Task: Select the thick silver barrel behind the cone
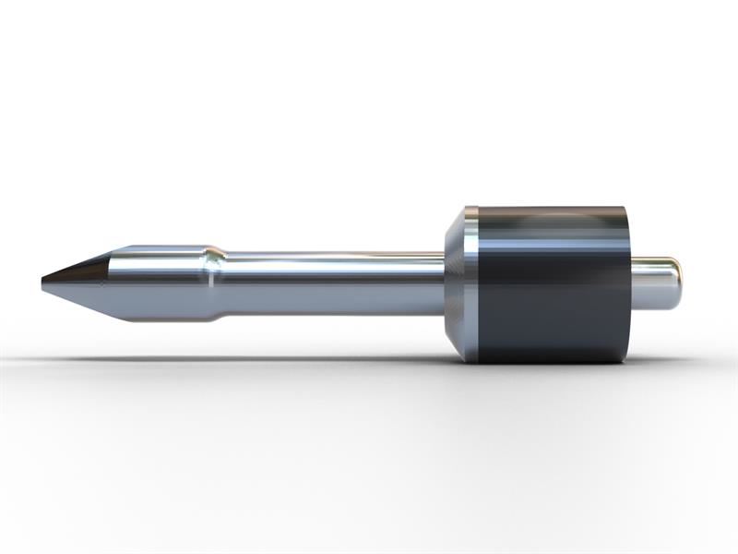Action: pos(157,283)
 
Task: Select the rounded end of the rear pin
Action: pos(678,284)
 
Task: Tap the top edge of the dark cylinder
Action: pos(553,208)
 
